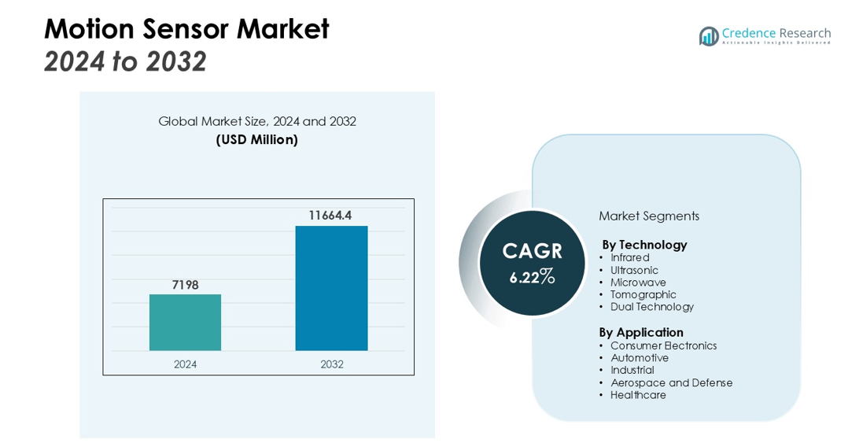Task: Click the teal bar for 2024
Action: pyautogui.click(x=185, y=323)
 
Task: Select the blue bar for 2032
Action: pyautogui.click(x=331, y=289)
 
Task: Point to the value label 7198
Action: pyautogui.click(x=185, y=285)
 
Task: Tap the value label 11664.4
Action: pyautogui.click(x=330, y=216)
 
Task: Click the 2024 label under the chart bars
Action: pyautogui.click(x=185, y=364)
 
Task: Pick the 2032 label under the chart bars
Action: pyautogui.click(x=331, y=364)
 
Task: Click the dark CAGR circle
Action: pyautogui.click(x=532, y=263)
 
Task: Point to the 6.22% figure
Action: pyautogui.click(x=532, y=277)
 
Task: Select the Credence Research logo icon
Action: pyautogui.click(x=709, y=36)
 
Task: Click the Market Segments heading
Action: pyautogui.click(x=649, y=216)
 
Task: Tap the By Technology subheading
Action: pyautogui.click(x=645, y=245)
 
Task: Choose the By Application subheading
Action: pyautogui.click(x=641, y=332)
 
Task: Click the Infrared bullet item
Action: pyautogui.click(x=629, y=257)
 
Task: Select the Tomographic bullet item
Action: pyautogui.click(x=643, y=295)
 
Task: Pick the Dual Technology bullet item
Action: pyautogui.click(x=651, y=307)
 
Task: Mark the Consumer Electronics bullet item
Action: pyautogui.click(x=664, y=345)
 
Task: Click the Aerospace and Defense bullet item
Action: pyautogui.click(x=671, y=382)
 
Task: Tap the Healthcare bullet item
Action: pyautogui.click(x=638, y=395)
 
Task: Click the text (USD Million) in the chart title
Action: pyautogui.click(x=257, y=139)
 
